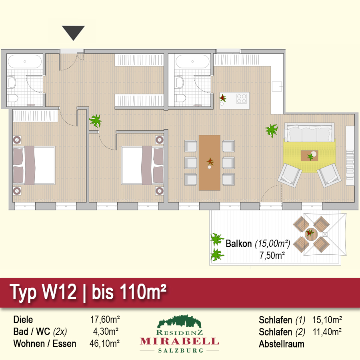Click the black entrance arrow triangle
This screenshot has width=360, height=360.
73,32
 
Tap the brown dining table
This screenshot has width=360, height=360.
209,162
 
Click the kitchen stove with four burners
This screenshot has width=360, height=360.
242,98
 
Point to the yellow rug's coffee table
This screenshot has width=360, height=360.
310,156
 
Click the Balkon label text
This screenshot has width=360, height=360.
238,244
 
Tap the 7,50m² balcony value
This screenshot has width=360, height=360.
272,255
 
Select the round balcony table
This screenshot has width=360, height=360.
311,234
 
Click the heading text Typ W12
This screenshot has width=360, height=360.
43,292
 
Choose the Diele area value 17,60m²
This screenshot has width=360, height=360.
105,319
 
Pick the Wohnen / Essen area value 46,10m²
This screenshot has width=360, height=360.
104,344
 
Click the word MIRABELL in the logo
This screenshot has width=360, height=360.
179,342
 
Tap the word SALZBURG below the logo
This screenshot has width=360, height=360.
180,350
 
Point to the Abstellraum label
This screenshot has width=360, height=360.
282,344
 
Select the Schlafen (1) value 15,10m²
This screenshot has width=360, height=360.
327,320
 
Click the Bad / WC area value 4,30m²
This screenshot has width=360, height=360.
106,332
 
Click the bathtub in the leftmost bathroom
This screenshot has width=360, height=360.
25,61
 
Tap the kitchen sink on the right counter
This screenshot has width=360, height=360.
277,86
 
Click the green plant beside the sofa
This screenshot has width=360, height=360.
272,130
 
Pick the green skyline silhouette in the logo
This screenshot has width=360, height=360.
179,322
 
